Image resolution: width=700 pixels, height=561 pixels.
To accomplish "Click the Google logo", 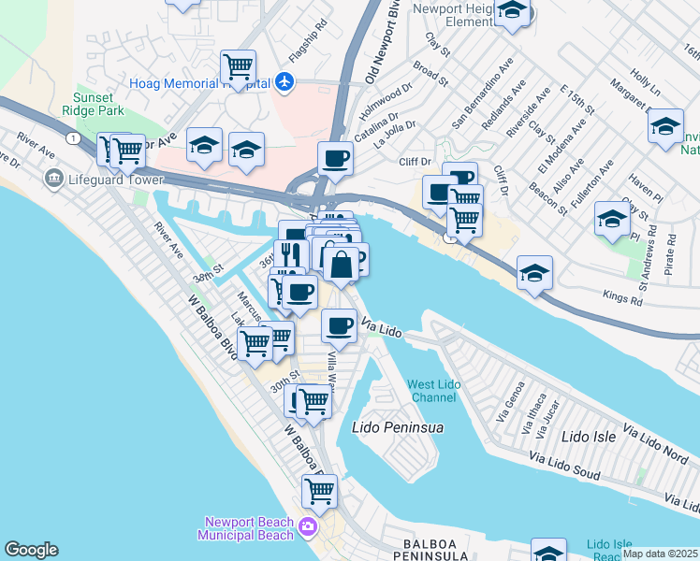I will (32, 550).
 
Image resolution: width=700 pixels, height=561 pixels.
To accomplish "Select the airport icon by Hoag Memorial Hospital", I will (284, 82).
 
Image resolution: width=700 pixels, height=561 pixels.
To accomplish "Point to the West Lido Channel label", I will (432, 391).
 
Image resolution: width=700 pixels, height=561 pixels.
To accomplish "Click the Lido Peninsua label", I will (397, 428).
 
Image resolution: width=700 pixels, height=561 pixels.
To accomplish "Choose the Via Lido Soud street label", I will (564, 467).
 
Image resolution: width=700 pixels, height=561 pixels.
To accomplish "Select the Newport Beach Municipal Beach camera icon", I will (307, 529).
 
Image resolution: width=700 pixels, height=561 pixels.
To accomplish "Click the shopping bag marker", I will (343, 264).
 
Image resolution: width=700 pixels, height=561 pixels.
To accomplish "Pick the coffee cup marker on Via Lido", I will (339, 325).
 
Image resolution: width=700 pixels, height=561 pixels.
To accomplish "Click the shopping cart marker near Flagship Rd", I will (239, 66).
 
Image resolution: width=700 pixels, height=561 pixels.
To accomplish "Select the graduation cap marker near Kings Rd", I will (534, 272).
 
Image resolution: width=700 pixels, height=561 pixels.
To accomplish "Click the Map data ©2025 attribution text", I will (660, 554).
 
